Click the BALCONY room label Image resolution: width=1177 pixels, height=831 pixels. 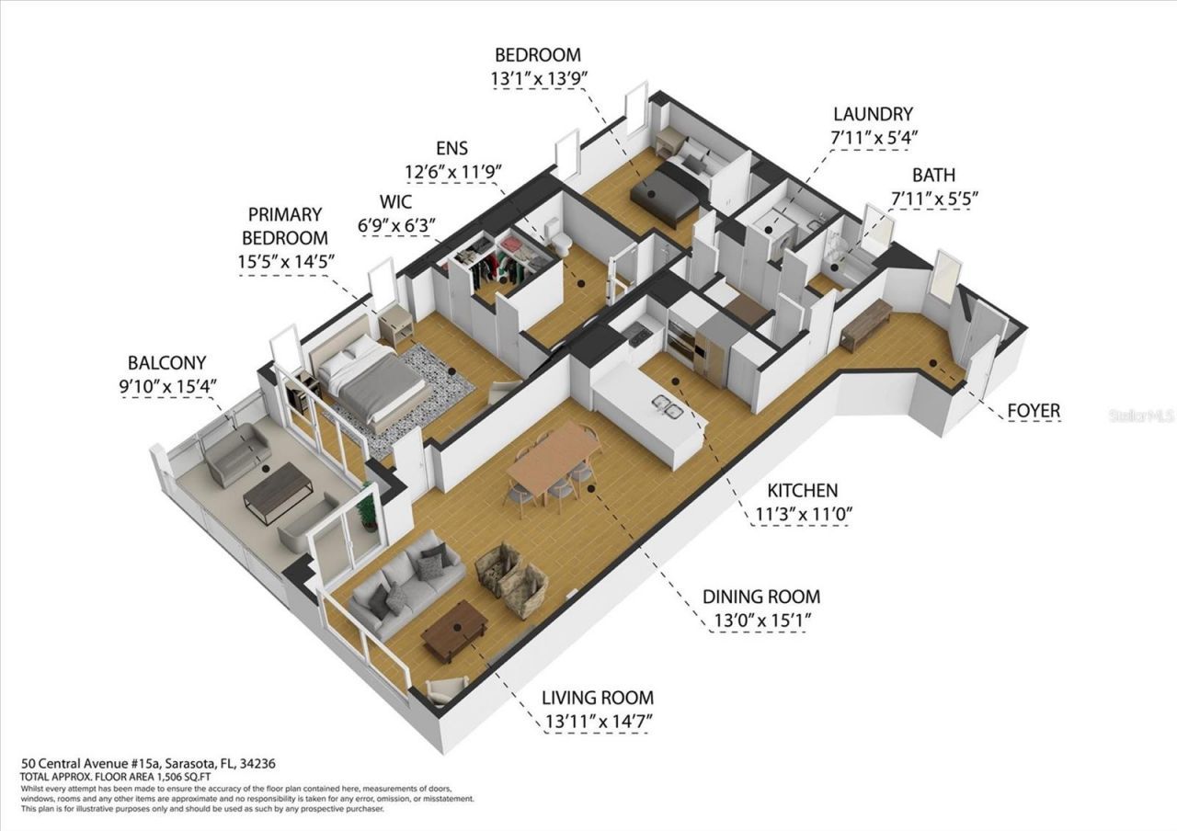coord(166,362)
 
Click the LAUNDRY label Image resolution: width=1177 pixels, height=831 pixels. coord(873,115)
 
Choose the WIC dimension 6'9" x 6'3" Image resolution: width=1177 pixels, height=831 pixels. coord(397,224)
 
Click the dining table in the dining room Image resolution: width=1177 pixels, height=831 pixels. coord(553,456)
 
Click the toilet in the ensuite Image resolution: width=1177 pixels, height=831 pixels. coord(560,238)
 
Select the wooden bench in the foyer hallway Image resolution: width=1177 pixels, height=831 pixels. coord(865,324)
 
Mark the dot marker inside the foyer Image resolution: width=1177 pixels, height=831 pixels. coord(933,363)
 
